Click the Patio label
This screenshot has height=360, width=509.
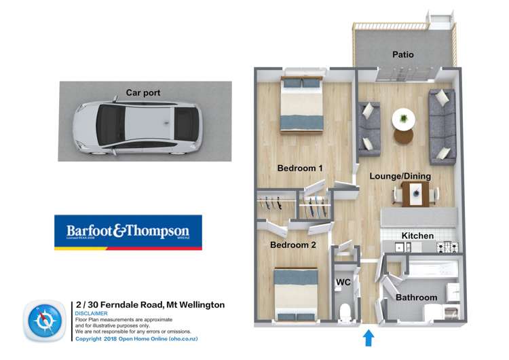(x=402, y=54)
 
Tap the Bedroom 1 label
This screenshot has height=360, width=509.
(x=299, y=168)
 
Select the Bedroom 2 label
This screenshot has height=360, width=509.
(x=293, y=245)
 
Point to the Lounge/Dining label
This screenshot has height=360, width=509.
(x=400, y=176)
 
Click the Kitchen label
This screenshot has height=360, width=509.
(x=417, y=236)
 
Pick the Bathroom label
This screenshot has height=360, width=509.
(x=416, y=298)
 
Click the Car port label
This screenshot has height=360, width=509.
(x=143, y=92)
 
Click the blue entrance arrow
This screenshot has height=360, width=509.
(x=369, y=336)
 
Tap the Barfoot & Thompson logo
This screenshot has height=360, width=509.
(x=128, y=232)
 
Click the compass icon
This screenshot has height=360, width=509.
(x=45, y=321)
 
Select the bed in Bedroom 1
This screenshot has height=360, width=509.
(x=302, y=105)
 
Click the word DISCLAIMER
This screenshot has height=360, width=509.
(x=91, y=314)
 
